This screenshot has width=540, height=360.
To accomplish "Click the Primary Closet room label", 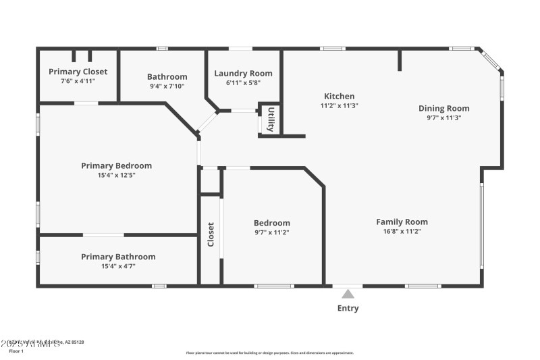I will (78, 72).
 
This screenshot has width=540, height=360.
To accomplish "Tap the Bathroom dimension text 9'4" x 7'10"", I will (167, 86).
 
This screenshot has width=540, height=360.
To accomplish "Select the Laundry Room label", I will (243, 73).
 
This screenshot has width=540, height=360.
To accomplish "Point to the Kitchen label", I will (339, 96).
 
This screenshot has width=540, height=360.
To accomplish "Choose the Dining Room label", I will (443, 108).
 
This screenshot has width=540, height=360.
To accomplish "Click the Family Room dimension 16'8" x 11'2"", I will (402, 231).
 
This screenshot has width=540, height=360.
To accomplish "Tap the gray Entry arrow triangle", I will (348, 294).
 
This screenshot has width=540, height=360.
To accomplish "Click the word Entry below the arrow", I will (348, 309).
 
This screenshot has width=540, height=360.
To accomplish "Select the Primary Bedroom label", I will (116, 165).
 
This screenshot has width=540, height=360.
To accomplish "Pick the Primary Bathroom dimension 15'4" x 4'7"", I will (118, 266).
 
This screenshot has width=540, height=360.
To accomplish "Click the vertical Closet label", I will (211, 234).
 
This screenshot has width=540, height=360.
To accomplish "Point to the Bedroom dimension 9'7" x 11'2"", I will (272, 232).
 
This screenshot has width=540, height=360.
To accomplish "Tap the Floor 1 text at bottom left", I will (16, 351).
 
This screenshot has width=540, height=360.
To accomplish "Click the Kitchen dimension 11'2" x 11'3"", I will (339, 105).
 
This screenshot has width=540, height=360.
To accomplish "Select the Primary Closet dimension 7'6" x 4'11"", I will (78, 81).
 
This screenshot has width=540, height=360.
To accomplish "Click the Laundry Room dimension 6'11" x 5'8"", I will (243, 82).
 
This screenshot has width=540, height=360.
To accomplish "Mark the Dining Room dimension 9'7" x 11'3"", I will (443, 118).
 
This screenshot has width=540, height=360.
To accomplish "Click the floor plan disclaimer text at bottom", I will (269, 353).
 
